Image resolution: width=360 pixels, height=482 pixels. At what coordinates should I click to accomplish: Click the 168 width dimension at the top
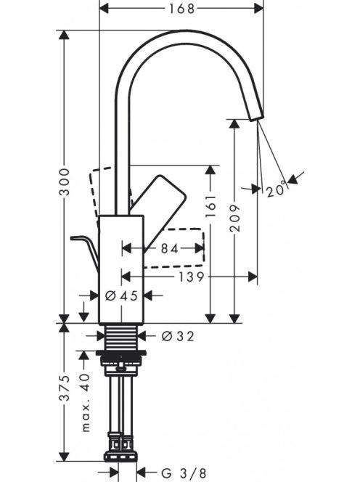(x=181, y=9)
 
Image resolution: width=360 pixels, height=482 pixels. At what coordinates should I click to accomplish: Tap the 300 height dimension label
(x=65, y=181)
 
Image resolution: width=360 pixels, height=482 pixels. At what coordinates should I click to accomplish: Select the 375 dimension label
(x=65, y=388)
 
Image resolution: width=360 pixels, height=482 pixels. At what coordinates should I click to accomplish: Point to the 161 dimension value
(x=211, y=205)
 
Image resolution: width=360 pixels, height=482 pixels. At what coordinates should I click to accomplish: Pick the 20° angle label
(x=277, y=190)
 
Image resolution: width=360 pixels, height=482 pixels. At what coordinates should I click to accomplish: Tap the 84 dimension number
(x=170, y=248)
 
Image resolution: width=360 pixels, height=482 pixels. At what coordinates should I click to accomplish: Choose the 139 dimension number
(x=191, y=277)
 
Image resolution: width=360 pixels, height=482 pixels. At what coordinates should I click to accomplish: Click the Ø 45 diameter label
(x=121, y=295)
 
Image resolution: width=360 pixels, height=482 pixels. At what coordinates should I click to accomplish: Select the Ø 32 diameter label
(x=178, y=336)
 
